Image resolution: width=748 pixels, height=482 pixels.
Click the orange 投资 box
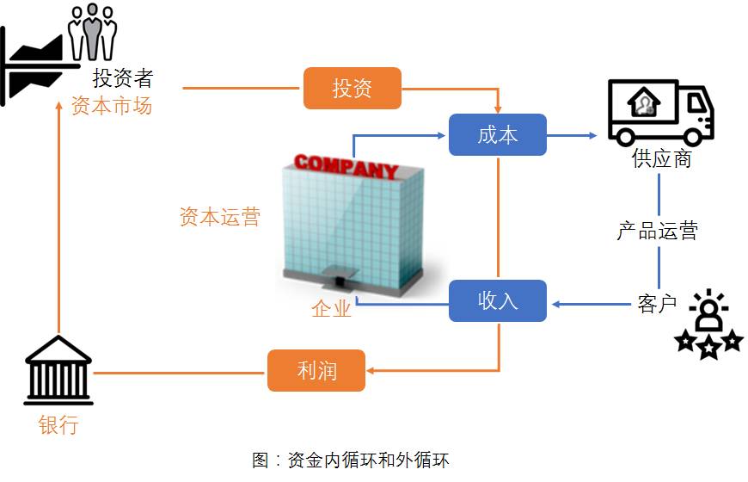[x=352, y=88]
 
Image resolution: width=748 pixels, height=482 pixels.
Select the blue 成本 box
[x=498, y=135]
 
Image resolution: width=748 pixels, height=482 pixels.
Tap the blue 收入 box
[x=498, y=300]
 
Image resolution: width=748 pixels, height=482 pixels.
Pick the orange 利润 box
[x=316, y=370]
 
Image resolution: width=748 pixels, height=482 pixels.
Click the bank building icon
[x=58, y=370]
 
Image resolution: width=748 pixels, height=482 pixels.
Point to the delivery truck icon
[x=660, y=113]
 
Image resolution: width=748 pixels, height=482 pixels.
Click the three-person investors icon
[x=93, y=32]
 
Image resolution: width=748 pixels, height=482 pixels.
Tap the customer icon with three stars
[x=709, y=324]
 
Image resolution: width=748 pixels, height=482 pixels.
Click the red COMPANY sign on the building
[x=346, y=166]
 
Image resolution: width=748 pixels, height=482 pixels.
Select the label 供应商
[x=662, y=158]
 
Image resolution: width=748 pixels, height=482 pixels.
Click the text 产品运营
[x=658, y=231]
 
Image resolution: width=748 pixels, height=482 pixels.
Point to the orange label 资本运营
[x=220, y=216]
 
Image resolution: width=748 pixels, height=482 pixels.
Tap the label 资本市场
[x=112, y=105]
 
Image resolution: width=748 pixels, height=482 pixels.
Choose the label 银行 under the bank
[x=58, y=424]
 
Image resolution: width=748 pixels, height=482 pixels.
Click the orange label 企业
[x=332, y=309]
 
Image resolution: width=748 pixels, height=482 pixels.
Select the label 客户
[x=657, y=303]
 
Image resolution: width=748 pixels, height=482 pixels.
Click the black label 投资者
[x=123, y=77]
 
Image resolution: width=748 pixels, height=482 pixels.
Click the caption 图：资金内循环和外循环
[x=351, y=460]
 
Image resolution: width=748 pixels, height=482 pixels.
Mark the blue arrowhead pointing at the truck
[x=593, y=136]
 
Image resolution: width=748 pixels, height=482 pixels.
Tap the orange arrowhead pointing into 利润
[x=371, y=370]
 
